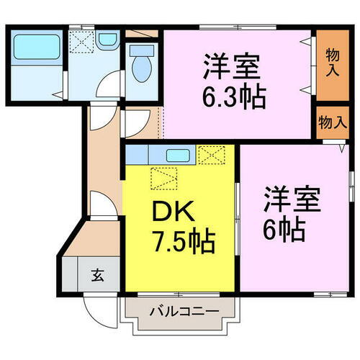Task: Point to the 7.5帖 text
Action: click(183, 242)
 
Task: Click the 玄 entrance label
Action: click(97, 274)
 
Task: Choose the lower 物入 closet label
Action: click(332, 122)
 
